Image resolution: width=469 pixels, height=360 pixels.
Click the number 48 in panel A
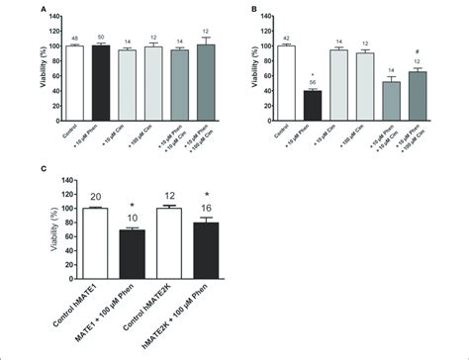73,38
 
